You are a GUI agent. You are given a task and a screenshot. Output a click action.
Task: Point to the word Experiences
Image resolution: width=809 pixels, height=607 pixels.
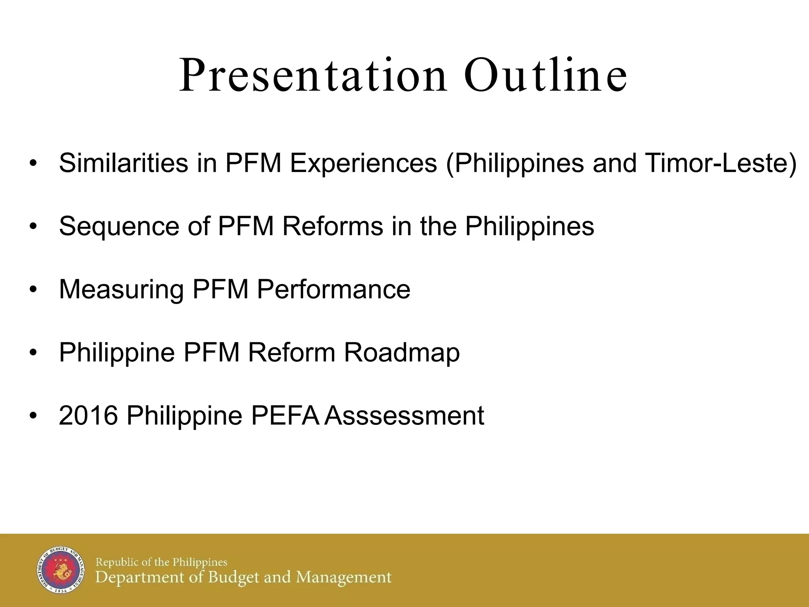363,164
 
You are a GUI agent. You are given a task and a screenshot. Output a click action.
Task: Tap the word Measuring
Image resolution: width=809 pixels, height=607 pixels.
121,290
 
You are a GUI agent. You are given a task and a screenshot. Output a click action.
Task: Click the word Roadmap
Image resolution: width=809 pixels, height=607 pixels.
402,353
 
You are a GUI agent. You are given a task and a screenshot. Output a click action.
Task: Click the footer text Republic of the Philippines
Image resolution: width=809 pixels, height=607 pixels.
162,562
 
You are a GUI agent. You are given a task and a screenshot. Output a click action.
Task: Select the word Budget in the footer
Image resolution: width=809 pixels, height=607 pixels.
234,578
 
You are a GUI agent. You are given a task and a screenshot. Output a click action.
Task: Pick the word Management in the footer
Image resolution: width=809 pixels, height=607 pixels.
344,578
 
